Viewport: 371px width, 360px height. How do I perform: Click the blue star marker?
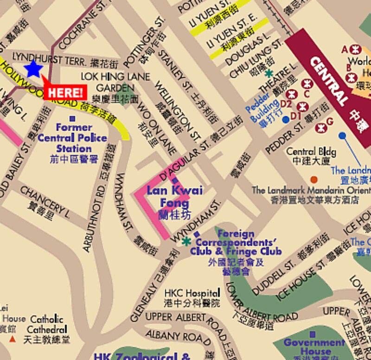click(33, 69)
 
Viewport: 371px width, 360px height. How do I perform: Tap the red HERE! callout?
click(65, 92)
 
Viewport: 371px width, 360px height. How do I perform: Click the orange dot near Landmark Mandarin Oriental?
click(314, 180)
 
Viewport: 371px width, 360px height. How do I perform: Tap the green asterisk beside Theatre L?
click(269, 73)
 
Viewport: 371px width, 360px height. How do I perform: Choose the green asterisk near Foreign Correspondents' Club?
click(186, 241)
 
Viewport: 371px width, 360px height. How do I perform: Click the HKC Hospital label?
click(192, 293)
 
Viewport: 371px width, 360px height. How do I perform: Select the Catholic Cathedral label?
click(46, 324)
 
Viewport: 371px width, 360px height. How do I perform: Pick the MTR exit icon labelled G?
click(320, 127)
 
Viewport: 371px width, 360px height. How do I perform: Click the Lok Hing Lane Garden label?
click(115, 82)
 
